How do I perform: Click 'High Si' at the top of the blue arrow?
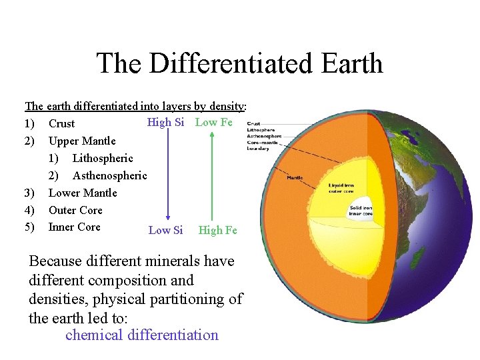click(165, 122)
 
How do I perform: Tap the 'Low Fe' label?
click(213, 122)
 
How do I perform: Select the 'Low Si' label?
click(165, 230)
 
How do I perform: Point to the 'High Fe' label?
click(217, 230)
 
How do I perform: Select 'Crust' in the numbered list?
click(61, 123)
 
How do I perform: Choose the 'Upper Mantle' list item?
click(82, 141)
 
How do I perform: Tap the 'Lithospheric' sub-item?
click(103, 158)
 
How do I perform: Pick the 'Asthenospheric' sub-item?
click(109, 175)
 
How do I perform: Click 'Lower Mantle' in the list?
click(83, 193)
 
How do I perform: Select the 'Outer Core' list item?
click(75, 210)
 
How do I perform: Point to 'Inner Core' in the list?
click(75, 227)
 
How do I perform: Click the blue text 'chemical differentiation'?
click(141, 335)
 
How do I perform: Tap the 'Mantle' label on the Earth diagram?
click(295, 177)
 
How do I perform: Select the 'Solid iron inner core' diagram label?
click(361, 211)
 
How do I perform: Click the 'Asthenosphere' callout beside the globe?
click(264, 136)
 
